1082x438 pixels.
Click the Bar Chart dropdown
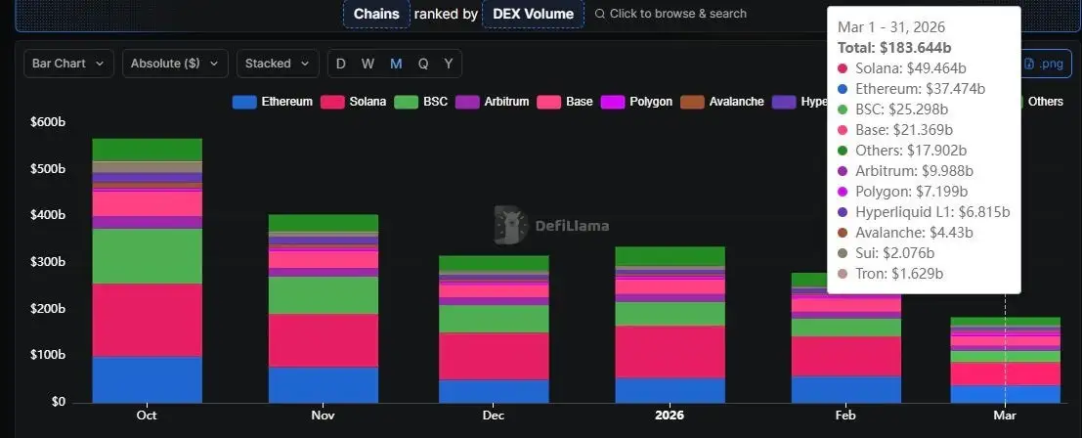[x=68, y=64]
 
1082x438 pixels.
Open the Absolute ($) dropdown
[x=175, y=64]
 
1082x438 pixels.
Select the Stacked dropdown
[x=278, y=64]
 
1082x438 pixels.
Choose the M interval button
[x=396, y=64]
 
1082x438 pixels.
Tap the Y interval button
[x=449, y=64]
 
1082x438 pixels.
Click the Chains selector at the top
[x=376, y=14]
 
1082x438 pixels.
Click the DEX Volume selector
[x=533, y=14]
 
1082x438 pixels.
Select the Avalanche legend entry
[x=722, y=102]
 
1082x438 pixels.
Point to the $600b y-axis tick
[x=47, y=122]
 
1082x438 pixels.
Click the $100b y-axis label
[x=47, y=356]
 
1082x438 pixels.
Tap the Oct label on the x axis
[x=147, y=416]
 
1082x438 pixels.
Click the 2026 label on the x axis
[x=670, y=416]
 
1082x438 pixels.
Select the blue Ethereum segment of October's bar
[x=147, y=379]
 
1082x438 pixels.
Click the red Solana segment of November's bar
[x=323, y=340]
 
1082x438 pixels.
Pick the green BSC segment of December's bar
[x=494, y=319]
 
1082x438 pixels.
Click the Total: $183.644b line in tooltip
[x=894, y=47]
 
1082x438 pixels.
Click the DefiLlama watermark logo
[x=551, y=226]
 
